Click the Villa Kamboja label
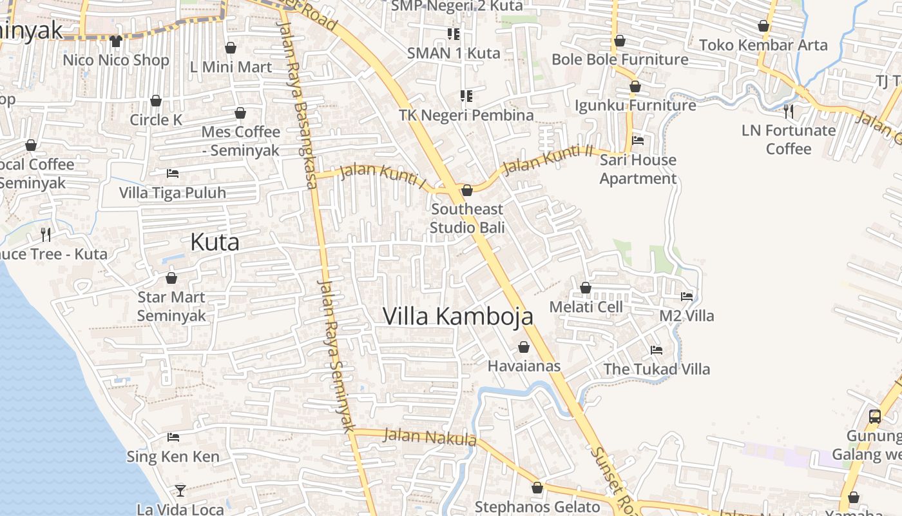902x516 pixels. click(458, 316)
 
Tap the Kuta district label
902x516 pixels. click(215, 242)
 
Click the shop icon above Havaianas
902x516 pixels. click(524, 347)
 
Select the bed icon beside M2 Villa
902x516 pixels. click(687, 297)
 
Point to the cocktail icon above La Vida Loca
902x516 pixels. click(180, 491)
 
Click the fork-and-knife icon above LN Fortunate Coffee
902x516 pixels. click(789, 111)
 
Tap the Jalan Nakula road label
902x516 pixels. click(430, 437)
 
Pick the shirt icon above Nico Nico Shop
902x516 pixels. click(116, 41)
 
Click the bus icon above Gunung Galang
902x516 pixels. click(874, 416)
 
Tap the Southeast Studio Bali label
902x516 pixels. click(467, 218)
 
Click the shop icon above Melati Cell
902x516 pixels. click(586, 288)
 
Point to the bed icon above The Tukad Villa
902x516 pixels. click(657, 350)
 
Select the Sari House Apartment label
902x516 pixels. click(638, 169)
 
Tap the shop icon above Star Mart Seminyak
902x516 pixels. click(171, 278)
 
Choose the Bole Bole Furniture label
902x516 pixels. click(620, 59)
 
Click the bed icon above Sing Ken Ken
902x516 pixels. click(173, 437)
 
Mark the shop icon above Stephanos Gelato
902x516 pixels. click(537, 488)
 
